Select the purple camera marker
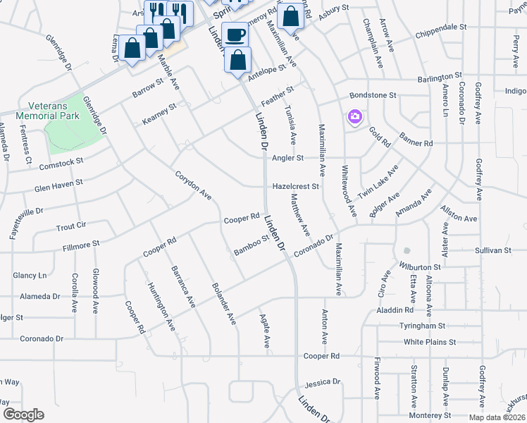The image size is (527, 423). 354,116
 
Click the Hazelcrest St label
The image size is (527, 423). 297,187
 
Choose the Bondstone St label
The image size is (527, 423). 373,94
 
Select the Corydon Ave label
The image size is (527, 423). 193,183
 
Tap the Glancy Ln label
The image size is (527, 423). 29,275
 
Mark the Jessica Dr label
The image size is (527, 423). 322,384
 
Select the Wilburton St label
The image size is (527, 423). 420,267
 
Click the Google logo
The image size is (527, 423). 24,415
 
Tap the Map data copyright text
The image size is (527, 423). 496,417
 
